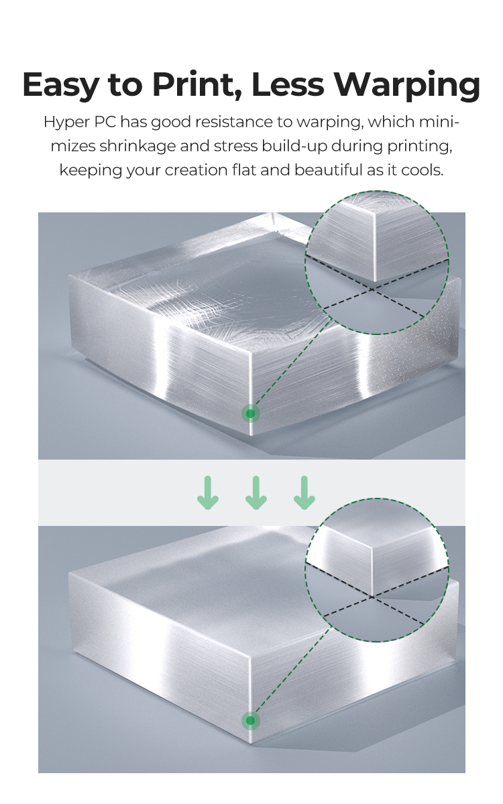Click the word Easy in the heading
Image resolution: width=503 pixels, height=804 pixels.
(x=60, y=86)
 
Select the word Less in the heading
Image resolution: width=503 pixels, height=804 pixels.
(x=288, y=84)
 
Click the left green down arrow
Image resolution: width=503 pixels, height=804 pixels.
(x=208, y=493)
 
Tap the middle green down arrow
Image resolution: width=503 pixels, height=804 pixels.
(x=256, y=493)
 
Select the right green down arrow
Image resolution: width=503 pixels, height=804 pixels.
(x=304, y=493)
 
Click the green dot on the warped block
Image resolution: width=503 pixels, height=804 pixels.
(x=250, y=414)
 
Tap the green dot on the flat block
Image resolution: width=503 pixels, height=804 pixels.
(x=250, y=720)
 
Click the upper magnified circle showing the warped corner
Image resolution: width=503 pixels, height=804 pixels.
(x=377, y=263)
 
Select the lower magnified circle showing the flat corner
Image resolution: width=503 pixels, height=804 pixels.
(x=377, y=570)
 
